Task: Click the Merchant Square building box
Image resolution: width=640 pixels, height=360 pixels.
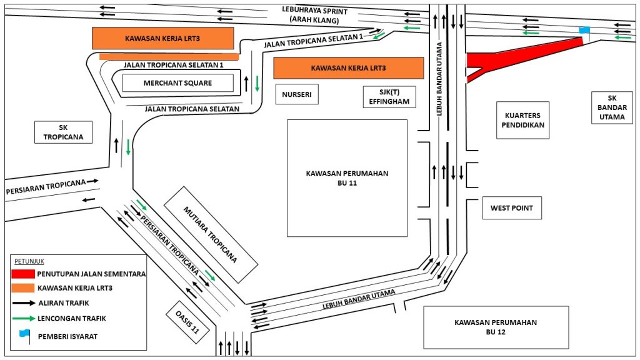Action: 177,83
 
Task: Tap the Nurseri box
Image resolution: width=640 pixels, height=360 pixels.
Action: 296,94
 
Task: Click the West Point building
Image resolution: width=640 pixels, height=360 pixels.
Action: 511,208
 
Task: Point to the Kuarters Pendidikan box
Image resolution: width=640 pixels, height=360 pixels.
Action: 523,120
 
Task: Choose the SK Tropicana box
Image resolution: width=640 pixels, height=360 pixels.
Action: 63,132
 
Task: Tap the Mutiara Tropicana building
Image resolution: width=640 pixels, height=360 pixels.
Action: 210,233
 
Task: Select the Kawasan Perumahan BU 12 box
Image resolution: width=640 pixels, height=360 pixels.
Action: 496,327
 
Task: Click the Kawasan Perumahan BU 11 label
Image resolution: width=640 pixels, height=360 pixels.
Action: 347,178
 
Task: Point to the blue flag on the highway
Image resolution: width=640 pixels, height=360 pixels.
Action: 584,30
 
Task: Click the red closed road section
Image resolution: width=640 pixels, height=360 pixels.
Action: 512,56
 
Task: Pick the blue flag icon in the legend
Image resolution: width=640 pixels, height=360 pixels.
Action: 24,334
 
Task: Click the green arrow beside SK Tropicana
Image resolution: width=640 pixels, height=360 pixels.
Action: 128,147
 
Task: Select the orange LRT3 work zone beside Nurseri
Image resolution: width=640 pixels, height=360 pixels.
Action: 348,67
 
